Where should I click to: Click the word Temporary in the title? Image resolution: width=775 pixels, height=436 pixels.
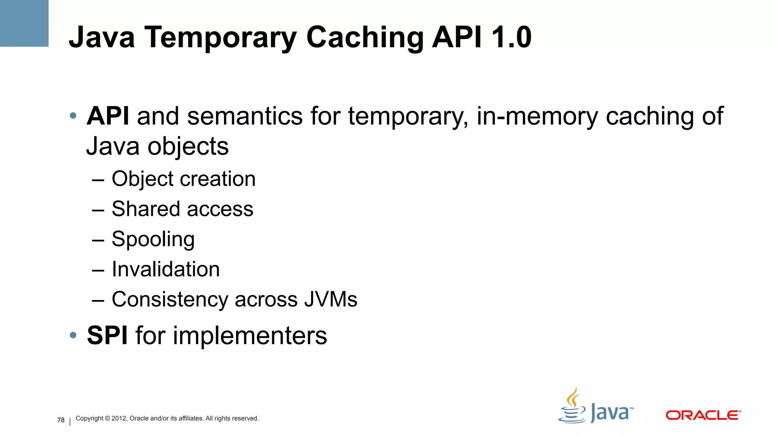coord(220,38)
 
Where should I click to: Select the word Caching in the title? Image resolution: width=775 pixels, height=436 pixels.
coord(364,38)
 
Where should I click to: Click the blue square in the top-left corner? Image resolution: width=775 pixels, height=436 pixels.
coord(24,23)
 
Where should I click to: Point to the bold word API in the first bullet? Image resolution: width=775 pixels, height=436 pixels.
coord(108,116)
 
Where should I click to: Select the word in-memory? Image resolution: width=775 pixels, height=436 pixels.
coord(537,116)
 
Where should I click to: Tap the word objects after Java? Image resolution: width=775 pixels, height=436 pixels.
coord(188,147)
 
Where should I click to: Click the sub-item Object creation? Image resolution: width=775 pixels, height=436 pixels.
coord(184,179)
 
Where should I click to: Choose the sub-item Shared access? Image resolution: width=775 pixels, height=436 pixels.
coord(182,209)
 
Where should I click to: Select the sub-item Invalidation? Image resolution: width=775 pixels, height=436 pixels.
coord(166,269)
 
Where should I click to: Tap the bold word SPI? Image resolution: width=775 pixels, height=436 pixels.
coord(107,335)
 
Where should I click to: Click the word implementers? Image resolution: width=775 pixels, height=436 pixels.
coord(250,336)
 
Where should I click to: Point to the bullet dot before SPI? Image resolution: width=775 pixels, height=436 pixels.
coord(73,335)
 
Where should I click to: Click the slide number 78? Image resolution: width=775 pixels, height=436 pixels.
coord(61,420)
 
